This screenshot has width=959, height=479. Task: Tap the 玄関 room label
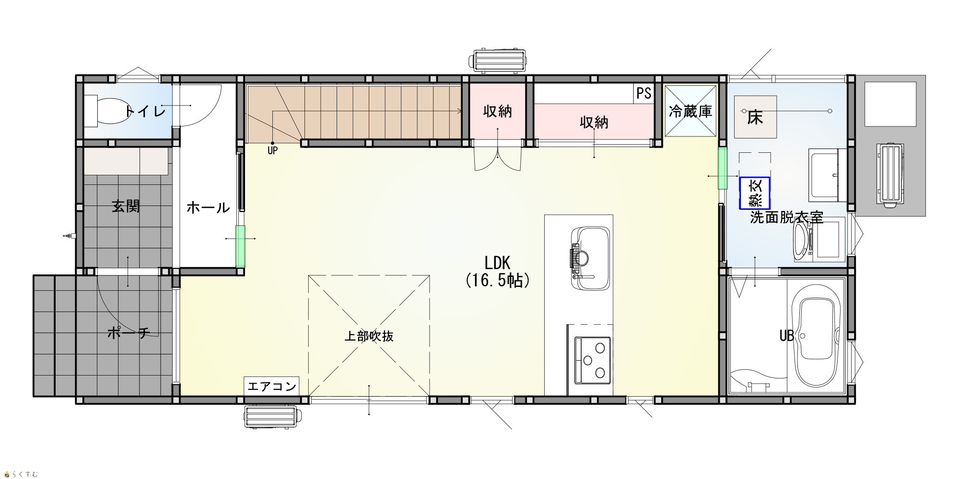(126, 206)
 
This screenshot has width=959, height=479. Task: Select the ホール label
(208, 207)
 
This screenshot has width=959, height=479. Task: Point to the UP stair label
(272, 150)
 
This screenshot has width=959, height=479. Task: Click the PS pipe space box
(644, 93)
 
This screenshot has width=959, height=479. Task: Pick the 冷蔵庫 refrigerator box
(690, 111)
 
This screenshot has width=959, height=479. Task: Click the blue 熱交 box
(755, 193)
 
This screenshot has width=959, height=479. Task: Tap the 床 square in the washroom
(755, 117)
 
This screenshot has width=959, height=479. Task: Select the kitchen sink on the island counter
(590, 258)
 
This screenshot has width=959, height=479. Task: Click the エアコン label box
(271, 386)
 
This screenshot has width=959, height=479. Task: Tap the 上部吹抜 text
(369, 336)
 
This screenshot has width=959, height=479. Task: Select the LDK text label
(497, 263)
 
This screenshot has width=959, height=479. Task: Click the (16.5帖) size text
(498, 280)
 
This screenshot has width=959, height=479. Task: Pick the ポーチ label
(129, 332)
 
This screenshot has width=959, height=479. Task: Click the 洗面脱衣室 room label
(786, 217)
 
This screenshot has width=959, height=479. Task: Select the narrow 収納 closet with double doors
(498, 111)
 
